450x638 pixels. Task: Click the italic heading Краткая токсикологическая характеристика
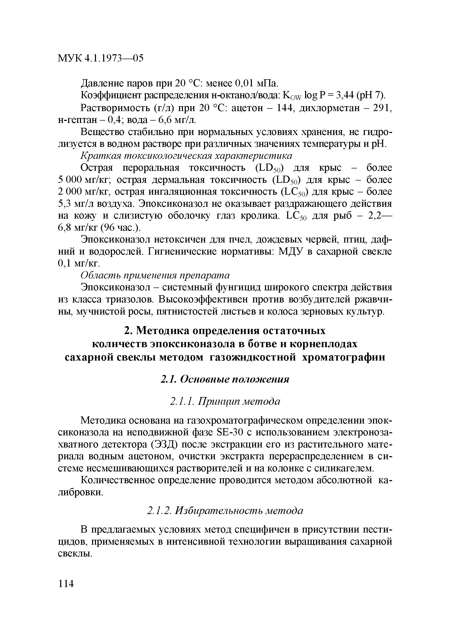click(186, 156)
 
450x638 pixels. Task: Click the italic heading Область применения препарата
click(155, 275)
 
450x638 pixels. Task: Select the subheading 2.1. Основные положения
click(225, 379)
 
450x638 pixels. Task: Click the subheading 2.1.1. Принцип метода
click(225, 401)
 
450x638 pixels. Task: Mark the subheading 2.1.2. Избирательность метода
click(225, 510)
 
